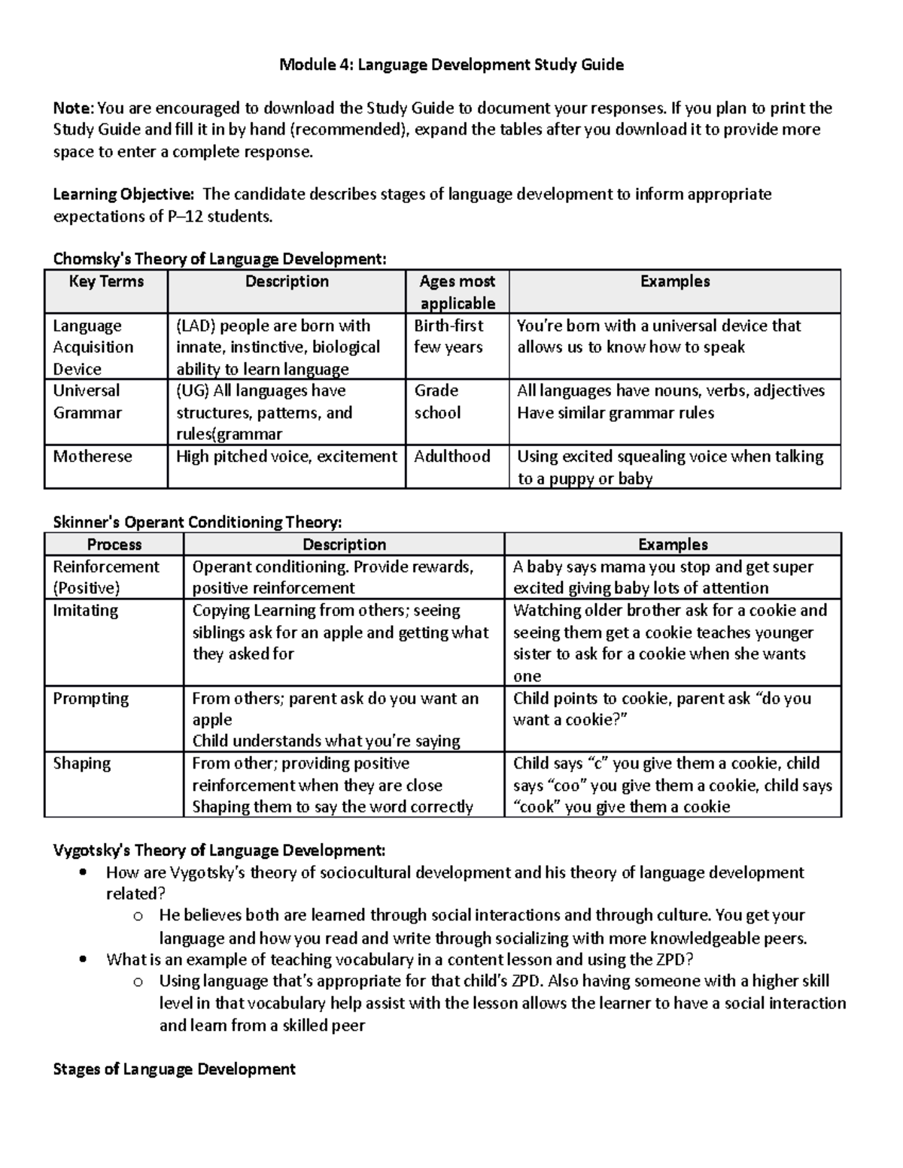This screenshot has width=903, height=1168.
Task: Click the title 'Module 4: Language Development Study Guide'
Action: [451, 65]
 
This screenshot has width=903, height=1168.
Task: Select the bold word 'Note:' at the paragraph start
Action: [73, 108]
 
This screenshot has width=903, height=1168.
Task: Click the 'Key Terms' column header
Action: [106, 281]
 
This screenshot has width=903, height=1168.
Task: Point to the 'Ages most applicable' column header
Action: [457, 292]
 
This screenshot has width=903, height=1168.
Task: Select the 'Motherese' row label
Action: [92, 457]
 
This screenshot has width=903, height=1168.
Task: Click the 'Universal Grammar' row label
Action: [87, 402]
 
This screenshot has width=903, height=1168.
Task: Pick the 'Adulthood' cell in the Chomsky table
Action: [451, 457]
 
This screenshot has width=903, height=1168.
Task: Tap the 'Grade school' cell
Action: [437, 402]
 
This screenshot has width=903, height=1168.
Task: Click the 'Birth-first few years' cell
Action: [448, 336]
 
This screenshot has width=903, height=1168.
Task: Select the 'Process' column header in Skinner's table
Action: [114, 545]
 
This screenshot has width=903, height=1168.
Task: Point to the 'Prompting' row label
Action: [90, 699]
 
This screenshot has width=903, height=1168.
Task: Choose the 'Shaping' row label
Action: [81, 763]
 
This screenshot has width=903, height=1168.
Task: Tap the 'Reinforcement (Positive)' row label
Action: [105, 577]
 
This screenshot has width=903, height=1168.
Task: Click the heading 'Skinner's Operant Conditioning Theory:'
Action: [197, 522]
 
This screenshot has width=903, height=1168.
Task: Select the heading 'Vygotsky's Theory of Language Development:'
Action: [219, 851]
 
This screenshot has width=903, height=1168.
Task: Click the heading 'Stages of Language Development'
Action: [174, 1069]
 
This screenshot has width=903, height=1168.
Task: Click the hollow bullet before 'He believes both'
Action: [137, 916]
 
